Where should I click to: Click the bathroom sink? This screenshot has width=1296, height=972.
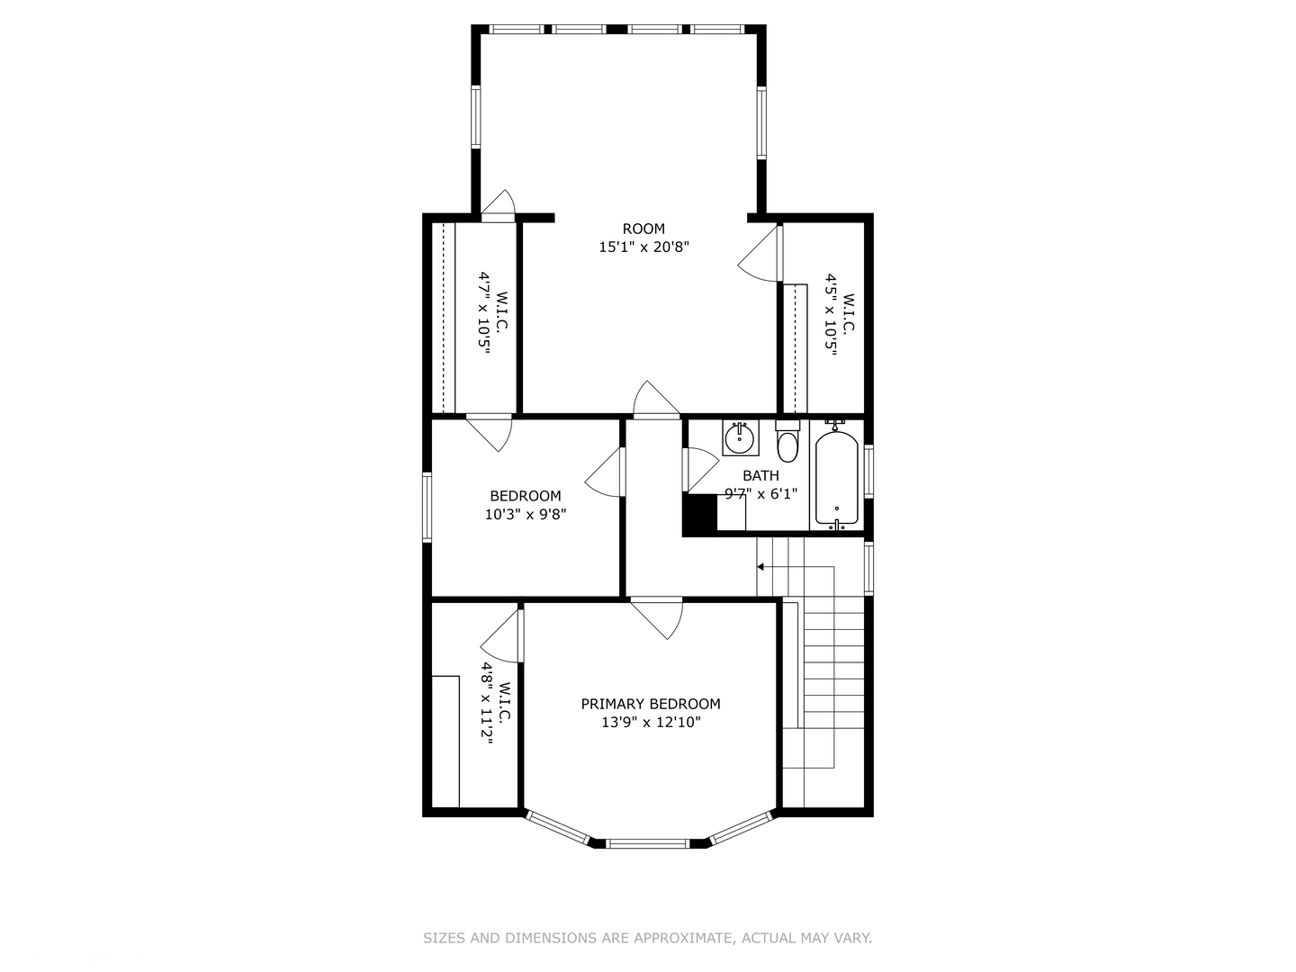tap(741, 438)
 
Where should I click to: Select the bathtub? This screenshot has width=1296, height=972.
tap(837, 477)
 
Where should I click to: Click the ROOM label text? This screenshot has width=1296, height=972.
tap(643, 229)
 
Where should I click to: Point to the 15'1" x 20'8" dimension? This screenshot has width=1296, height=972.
tap(644, 247)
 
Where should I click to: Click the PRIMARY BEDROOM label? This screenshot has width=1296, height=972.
tap(651, 704)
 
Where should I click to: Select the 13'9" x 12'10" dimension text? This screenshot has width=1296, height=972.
tap(651, 722)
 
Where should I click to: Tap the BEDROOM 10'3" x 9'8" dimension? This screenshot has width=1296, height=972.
tap(526, 514)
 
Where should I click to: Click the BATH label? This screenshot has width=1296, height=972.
tap(760, 475)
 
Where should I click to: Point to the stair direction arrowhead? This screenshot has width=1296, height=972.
tap(760, 567)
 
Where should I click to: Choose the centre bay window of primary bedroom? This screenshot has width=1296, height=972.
tap(648, 843)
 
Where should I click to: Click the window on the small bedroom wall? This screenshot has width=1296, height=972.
tap(427, 507)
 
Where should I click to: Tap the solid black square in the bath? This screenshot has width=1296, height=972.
tap(699, 515)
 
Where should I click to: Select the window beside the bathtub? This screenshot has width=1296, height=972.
tap(868, 471)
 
